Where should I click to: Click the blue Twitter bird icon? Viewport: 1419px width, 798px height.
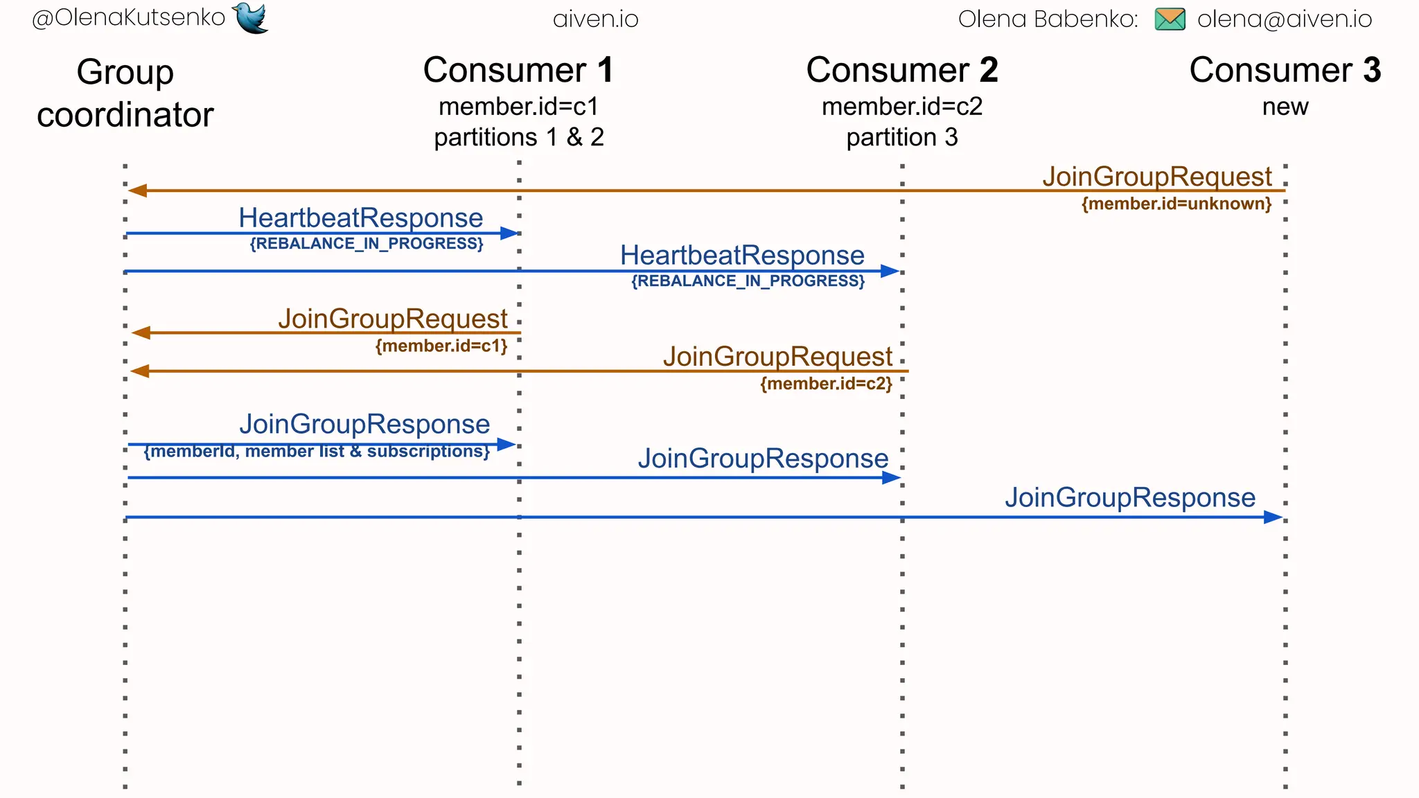click(x=251, y=17)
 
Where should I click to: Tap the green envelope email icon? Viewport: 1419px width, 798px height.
click(x=1170, y=19)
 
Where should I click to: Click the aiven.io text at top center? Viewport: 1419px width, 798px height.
click(x=596, y=19)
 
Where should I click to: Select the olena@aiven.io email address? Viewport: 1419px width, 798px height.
click(x=1285, y=19)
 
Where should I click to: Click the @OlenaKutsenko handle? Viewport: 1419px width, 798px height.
click(x=129, y=17)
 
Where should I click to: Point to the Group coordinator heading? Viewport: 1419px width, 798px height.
click(x=125, y=94)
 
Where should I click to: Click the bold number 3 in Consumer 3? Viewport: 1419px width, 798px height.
click(x=1372, y=71)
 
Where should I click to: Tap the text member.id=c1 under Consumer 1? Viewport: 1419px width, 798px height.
click(x=518, y=107)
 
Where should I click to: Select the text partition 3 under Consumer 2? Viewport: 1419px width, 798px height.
click(x=902, y=137)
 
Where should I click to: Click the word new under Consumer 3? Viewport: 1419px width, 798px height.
click(x=1285, y=107)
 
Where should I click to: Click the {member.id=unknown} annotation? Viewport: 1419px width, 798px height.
click(x=1176, y=204)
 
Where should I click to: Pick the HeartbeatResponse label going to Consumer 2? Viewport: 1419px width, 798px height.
click(x=742, y=255)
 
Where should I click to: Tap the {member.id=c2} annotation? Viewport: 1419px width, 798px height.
click(x=826, y=384)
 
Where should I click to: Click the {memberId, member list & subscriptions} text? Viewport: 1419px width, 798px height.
click(x=317, y=452)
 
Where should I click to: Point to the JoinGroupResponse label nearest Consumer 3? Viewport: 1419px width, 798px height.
click(x=1130, y=497)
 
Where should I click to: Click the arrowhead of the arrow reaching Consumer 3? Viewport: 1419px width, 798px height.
click(x=1273, y=517)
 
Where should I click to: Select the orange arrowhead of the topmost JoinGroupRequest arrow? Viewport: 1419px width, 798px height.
click(x=137, y=190)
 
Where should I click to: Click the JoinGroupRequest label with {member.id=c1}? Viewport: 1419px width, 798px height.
click(x=393, y=319)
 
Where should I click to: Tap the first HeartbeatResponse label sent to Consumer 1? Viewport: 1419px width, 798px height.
click(x=361, y=218)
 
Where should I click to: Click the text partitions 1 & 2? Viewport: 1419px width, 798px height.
click(x=519, y=137)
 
